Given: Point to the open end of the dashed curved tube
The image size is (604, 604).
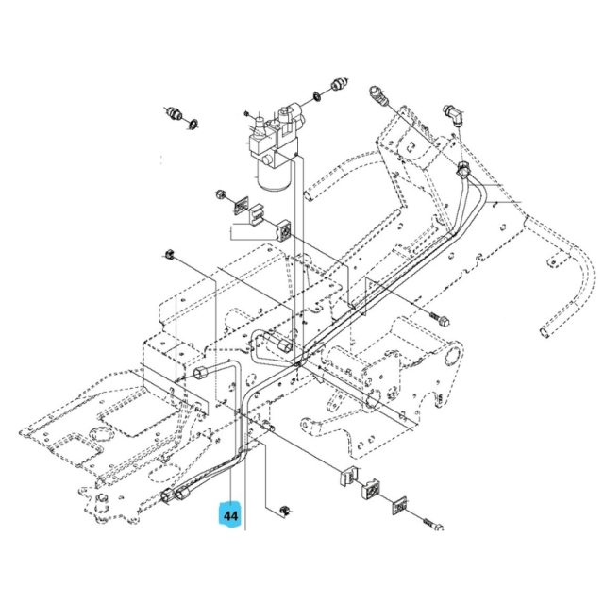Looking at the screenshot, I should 542,332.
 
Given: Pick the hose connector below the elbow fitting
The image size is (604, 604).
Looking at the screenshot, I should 465,172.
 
